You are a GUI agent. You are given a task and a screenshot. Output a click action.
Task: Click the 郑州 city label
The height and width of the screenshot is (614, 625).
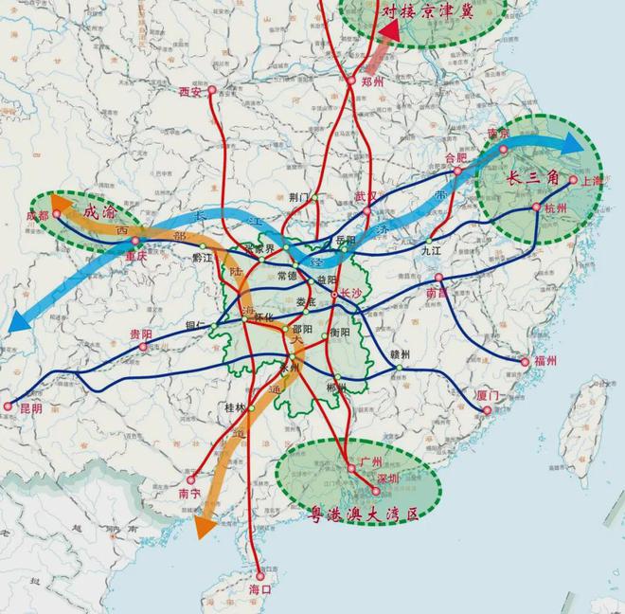click(374, 82)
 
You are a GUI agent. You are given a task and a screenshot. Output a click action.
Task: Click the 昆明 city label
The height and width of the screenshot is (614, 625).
click(31, 408)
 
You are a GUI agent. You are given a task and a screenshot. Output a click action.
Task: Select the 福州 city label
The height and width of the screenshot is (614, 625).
click(545, 361)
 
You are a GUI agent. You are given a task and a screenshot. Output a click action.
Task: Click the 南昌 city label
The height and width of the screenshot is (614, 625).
click(437, 295)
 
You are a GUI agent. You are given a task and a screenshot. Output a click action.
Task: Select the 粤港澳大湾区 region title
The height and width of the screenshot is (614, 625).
click(366, 515)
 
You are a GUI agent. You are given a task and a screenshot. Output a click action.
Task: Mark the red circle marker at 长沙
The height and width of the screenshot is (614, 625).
click(334, 296)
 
